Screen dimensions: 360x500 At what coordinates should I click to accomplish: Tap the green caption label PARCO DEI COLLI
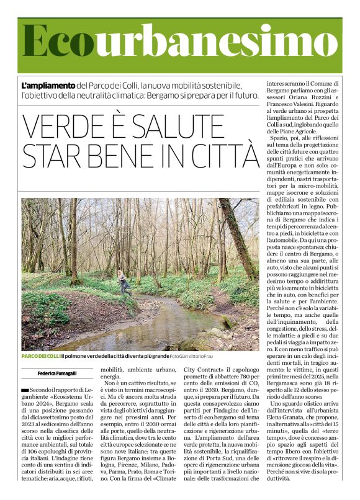pos(40,356)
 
